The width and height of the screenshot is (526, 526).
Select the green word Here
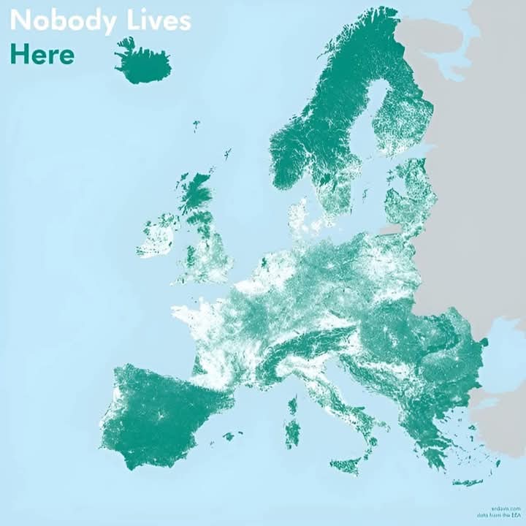point(42,54)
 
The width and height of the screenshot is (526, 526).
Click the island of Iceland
point(142,64)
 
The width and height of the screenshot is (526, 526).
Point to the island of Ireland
point(158,235)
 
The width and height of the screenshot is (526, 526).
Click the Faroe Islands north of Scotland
point(196,125)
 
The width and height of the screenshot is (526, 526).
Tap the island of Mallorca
point(231,436)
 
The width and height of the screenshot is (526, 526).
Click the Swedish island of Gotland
point(365,195)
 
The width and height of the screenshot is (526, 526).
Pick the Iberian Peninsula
point(161,416)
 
